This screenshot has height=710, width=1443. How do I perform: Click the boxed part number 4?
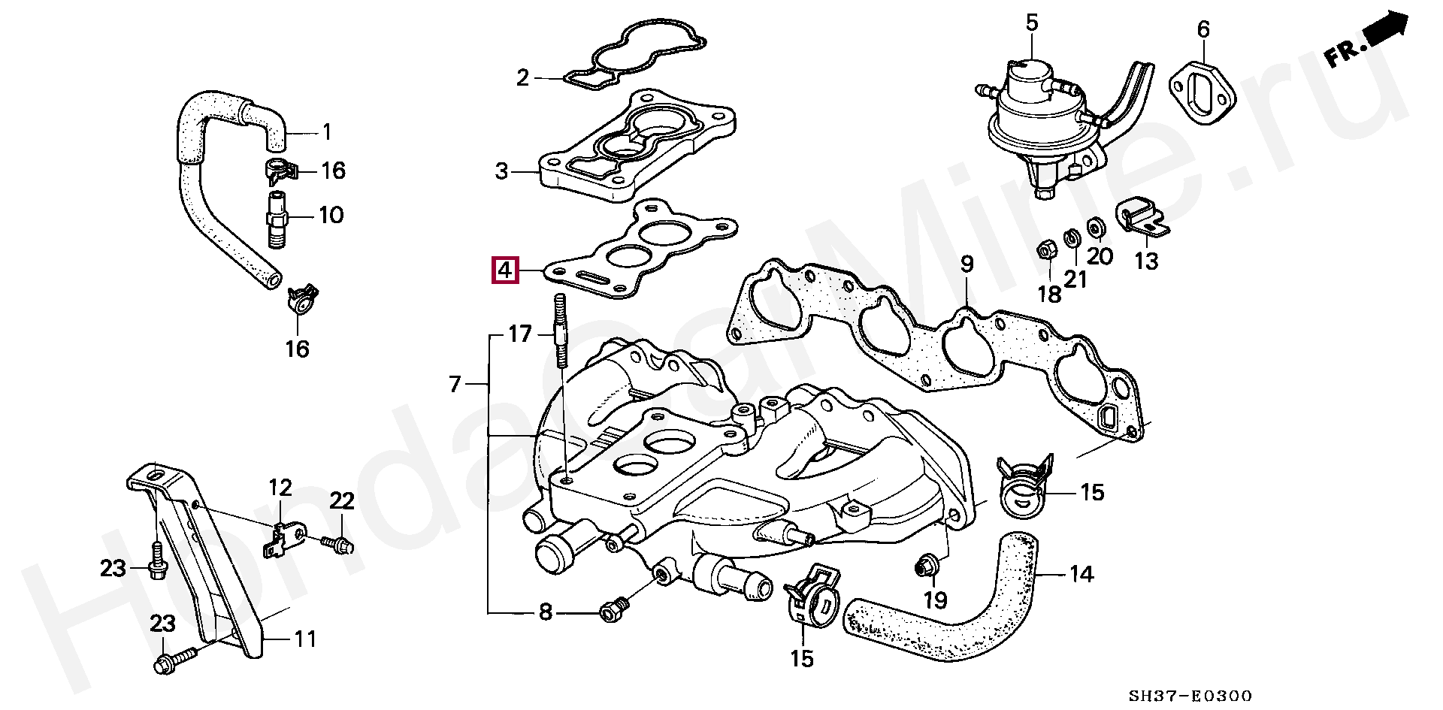[x=505, y=270]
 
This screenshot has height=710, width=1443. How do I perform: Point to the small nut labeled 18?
[x=1045, y=250]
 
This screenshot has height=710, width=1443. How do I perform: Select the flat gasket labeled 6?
[x=1202, y=94]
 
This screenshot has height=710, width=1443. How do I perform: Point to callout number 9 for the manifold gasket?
[x=967, y=264]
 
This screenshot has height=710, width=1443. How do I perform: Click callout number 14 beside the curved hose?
[x=1081, y=575]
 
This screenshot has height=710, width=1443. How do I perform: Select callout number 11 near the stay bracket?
[x=304, y=639]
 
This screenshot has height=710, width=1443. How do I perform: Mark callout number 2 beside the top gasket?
[x=523, y=77]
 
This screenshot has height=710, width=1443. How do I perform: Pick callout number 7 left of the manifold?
[x=455, y=385]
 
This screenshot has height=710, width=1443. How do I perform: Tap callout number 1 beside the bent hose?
[x=326, y=133]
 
